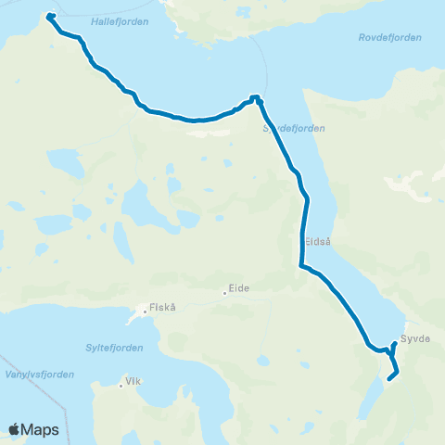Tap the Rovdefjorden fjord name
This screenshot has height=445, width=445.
coord(389,37)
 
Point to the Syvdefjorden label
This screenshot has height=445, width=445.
coord(295,128)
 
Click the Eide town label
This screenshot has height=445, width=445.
coord(241,288)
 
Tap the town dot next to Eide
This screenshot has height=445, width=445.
coord(225,294)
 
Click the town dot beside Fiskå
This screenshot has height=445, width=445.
coord(142,313)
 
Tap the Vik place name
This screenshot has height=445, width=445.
coord(134,381)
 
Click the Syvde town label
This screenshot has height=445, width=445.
coord(416,338)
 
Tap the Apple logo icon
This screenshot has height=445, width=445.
coord(15,429)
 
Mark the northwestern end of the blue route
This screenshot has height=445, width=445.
coord(49,16)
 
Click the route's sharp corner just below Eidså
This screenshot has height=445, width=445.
coord(299,267)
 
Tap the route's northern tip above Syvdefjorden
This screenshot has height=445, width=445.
coord(254,96)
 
